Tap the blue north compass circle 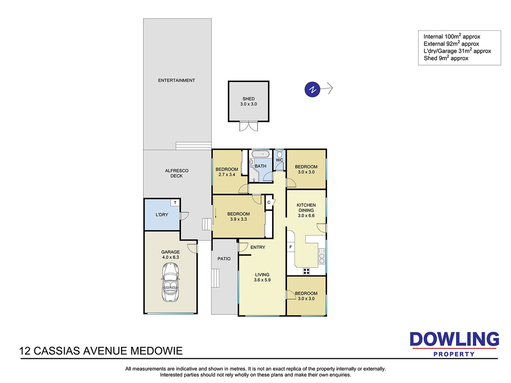pos(312,89)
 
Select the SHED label pos(249,99)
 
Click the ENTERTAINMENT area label pos(176,80)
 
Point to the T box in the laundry pos(175,203)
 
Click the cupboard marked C pos(269,203)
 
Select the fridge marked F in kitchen pos(290,247)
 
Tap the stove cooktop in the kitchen pos(306,271)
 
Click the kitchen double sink pos(322,256)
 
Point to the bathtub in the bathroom pos(261,155)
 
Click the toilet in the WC pos(279,154)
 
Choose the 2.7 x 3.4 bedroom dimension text pos(227,175)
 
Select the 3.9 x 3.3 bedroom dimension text pos(238,219)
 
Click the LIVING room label pos(262,275)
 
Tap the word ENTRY pos(258,247)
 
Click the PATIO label pos(224,259)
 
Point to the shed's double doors pos(249,126)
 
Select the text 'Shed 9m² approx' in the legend pos(446,58)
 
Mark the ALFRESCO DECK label pos(177,173)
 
